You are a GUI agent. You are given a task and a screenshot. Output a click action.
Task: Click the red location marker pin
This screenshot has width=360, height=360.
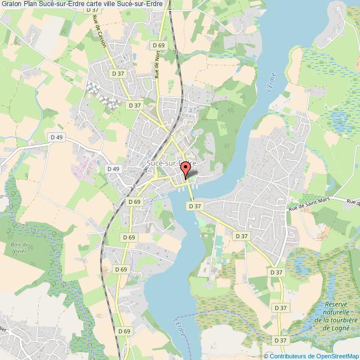tap(186, 171)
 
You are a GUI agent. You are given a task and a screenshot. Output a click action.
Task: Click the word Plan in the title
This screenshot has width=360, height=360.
tap(30, 5)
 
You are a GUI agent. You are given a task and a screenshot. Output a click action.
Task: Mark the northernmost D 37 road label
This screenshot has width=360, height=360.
tap(95, 10)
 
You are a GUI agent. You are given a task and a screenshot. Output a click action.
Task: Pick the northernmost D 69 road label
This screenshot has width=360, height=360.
tap(158, 45)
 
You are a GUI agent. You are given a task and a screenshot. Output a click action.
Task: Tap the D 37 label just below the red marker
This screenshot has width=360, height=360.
tap(194, 205)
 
